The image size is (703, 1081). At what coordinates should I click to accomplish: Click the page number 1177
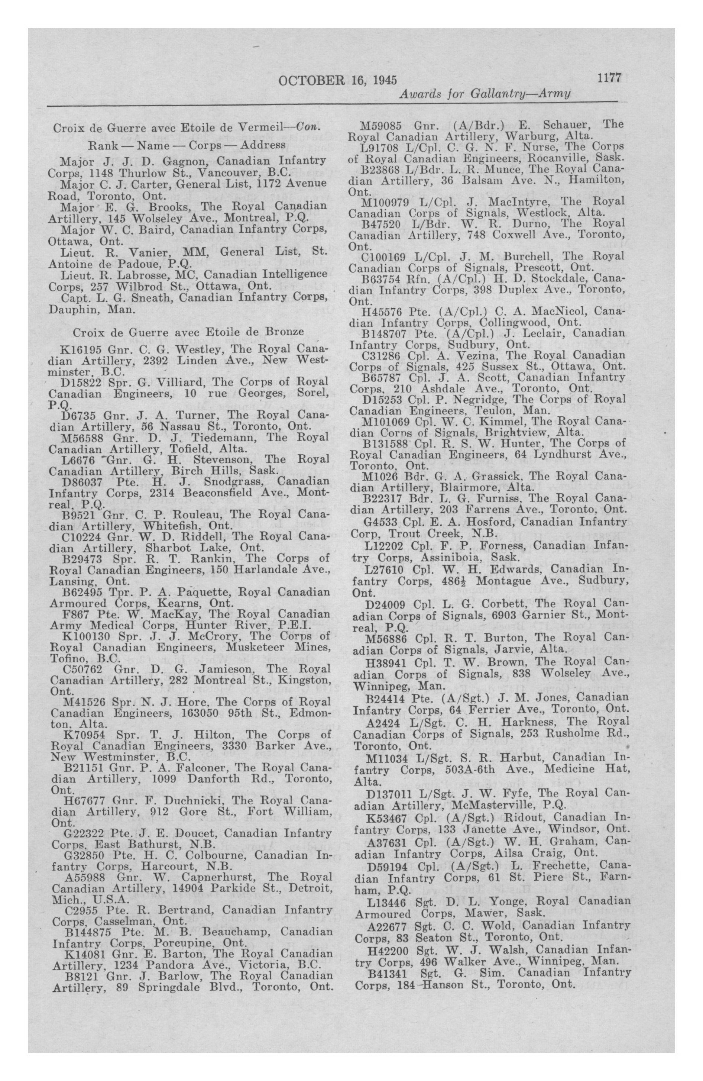pos(609,78)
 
